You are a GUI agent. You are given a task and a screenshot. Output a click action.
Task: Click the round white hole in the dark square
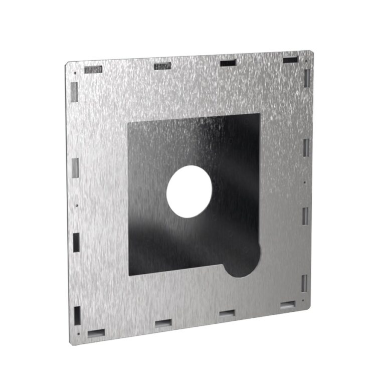pyautogui.click(x=189, y=191)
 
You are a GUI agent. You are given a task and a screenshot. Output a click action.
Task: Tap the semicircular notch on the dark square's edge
pyautogui.click(x=244, y=261)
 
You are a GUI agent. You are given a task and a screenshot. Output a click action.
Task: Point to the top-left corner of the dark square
pyautogui.click(x=129, y=123)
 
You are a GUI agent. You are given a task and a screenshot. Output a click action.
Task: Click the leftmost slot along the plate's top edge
pyautogui.click(x=94, y=69)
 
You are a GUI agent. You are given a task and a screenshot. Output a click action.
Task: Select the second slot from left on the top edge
pyautogui.click(x=162, y=66)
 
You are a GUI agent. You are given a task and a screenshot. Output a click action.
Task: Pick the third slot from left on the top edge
pyautogui.click(x=228, y=63)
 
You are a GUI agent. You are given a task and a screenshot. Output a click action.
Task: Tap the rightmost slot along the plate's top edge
pyautogui.click(x=290, y=60)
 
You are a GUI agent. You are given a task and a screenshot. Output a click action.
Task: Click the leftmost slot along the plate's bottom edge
pyautogui.click(x=96, y=332)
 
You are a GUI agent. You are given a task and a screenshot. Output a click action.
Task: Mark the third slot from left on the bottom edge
pyautogui.click(x=227, y=313)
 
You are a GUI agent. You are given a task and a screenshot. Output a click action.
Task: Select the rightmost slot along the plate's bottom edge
pyautogui.click(x=288, y=304)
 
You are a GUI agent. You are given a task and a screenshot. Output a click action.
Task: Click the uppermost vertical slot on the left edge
pyautogui.click(x=74, y=91)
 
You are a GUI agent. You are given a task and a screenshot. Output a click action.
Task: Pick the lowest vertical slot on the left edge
pyautogui.click(x=77, y=314)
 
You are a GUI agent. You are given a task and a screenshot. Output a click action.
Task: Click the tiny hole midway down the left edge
pyautogui.click(x=76, y=205)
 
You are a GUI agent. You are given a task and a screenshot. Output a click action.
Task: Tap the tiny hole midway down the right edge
pyautogui.click(x=305, y=182)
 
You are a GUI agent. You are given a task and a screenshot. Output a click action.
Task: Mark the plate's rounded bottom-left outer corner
pyautogui.click(x=72, y=343)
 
